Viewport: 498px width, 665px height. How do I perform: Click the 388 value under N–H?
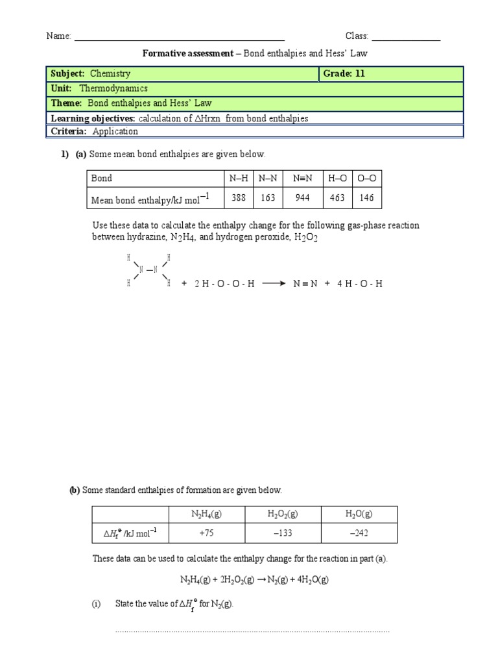pyautogui.click(x=239, y=198)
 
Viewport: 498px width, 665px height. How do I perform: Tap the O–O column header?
pyautogui.click(x=368, y=177)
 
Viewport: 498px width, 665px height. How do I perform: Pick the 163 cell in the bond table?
pyautogui.click(x=268, y=198)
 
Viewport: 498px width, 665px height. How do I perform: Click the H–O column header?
pyautogui.click(x=337, y=177)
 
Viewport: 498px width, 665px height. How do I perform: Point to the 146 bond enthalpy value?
pyautogui.click(x=368, y=198)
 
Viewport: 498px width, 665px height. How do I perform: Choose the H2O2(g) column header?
pyautogui.click(x=283, y=514)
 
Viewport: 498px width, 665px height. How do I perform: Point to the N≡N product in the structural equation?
pyautogui.click(x=305, y=284)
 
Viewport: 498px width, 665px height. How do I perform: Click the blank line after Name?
pyautogui.click(x=180, y=38)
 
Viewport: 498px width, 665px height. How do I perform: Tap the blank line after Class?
pyautogui.click(x=406, y=38)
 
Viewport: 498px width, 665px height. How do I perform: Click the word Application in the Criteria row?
pyautogui.click(x=115, y=131)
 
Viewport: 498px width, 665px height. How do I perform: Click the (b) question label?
pyautogui.click(x=75, y=490)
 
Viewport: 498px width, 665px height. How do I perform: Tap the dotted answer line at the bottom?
pyautogui.click(x=252, y=631)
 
